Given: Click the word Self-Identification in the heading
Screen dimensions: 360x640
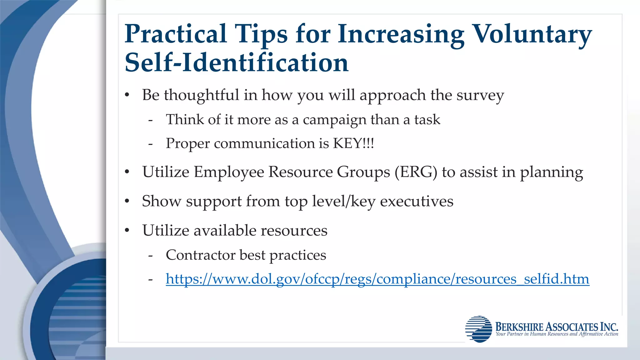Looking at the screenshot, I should tap(237, 62).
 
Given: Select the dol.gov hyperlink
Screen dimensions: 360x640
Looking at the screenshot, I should tap(377, 279).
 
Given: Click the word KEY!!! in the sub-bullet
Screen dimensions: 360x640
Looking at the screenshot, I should tap(353, 143).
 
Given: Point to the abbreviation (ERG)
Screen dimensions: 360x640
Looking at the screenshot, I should tap(416, 172).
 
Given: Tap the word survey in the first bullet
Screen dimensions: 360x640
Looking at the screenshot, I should tap(480, 95).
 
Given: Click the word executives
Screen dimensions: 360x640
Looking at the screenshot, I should tap(417, 201).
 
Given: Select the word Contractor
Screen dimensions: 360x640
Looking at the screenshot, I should tap(200, 255).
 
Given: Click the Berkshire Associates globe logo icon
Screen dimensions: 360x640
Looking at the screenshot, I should tap(478, 329).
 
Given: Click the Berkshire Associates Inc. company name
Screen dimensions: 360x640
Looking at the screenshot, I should tap(557, 327).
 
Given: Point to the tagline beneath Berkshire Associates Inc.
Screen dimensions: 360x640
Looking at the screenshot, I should tap(557, 334).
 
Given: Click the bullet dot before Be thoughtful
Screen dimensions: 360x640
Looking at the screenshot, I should tap(127, 95).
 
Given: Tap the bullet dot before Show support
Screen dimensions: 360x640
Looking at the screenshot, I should tap(127, 201).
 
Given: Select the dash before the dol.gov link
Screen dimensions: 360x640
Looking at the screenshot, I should tap(151, 279).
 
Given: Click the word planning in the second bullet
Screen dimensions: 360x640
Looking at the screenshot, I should tap(551, 172).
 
